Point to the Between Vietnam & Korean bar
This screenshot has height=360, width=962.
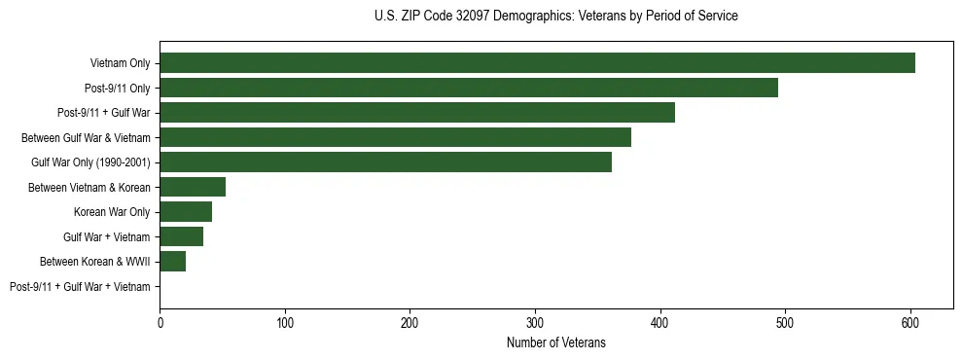193,187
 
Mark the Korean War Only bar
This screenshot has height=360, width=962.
186,212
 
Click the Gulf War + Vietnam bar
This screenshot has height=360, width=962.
182,236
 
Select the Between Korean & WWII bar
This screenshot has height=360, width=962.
173,262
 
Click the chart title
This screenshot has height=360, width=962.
555,17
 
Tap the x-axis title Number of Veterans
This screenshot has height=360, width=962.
555,342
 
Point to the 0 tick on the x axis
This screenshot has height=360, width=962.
160,322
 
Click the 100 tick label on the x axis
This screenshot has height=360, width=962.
285,322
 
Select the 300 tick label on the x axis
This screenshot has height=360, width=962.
535,322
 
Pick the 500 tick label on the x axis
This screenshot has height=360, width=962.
785,322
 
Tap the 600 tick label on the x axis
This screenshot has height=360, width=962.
910,322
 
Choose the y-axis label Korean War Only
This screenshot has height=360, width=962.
112,212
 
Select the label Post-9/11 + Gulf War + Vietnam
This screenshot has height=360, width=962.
80,286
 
